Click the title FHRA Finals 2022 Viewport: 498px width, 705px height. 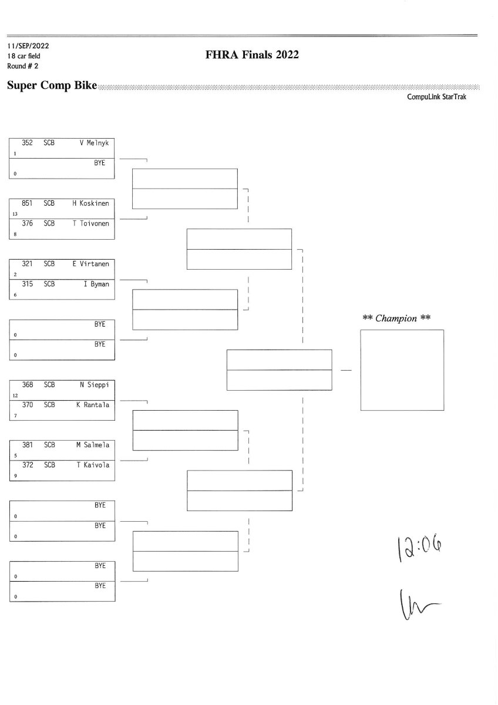pos(253,55)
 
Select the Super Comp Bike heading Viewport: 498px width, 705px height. pos(52,86)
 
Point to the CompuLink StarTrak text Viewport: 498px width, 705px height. pos(436,97)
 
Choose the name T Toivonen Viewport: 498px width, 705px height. pos(91,223)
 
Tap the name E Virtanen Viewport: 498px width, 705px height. pos(91,264)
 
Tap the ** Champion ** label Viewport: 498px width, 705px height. pos(397,318)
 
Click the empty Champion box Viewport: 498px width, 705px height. pos(402,370)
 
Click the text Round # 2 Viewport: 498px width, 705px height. pos(23,66)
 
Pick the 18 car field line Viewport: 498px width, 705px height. pos(24,56)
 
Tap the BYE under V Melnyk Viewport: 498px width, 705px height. pos(100,162)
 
